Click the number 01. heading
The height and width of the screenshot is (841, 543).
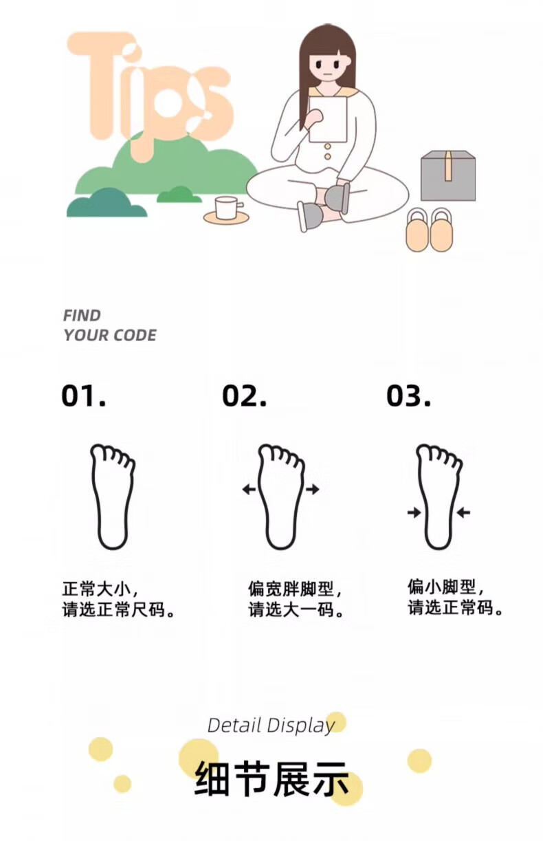click(x=84, y=395)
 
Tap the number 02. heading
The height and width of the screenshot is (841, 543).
click(x=244, y=395)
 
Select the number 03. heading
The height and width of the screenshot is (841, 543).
click(x=409, y=395)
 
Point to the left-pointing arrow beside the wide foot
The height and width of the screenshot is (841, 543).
click(x=249, y=489)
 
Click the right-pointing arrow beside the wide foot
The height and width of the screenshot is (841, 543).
click(x=313, y=489)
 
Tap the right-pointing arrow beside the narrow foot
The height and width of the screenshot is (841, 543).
click(x=414, y=512)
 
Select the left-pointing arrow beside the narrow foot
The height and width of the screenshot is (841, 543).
click(x=463, y=512)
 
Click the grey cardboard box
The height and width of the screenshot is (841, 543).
click(x=448, y=176)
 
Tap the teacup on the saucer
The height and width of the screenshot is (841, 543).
click(x=228, y=208)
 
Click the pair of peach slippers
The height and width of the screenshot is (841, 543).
click(x=430, y=230)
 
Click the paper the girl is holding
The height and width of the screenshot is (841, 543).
click(x=328, y=120)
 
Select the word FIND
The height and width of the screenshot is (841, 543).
click(x=82, y=316)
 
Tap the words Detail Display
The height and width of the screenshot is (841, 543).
click(x=271, y=725)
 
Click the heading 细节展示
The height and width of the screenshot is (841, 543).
click(x=271, y=778)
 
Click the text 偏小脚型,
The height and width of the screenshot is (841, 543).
click(x=446, y=587)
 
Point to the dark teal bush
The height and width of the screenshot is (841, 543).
click(x=107, y=205)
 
